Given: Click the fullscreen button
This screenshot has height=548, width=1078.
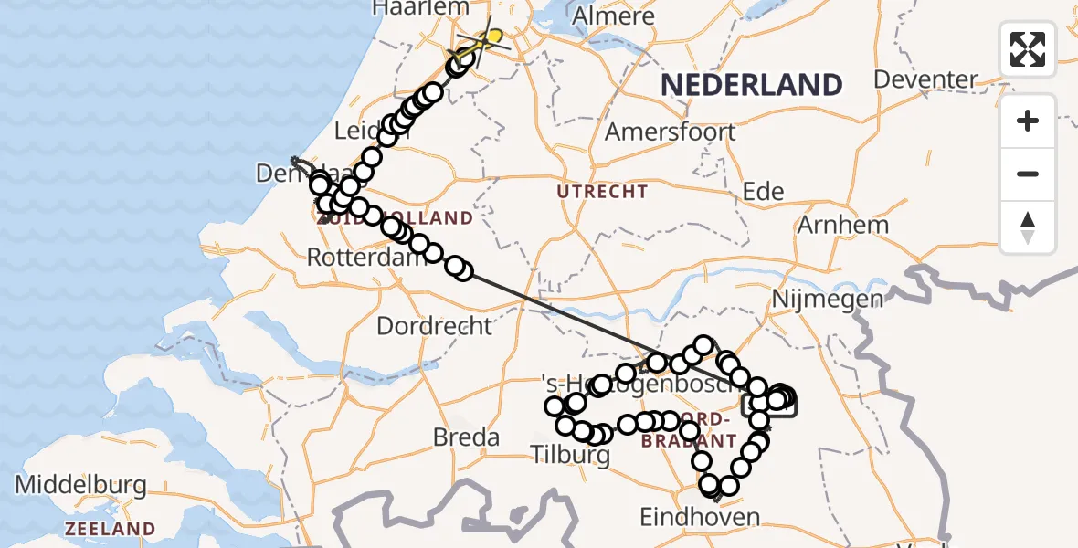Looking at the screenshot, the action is [1028, 48].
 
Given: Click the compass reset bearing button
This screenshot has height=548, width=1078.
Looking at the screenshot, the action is [1028, 227].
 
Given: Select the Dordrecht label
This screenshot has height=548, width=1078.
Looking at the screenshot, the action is [434, 325].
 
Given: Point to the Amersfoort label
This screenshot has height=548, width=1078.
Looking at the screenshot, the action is [670, 132].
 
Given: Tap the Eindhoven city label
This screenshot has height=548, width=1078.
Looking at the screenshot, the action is [699, 518].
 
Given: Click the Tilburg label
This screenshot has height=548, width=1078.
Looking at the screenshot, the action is [571, 452].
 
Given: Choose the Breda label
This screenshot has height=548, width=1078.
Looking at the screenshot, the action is [466, 437].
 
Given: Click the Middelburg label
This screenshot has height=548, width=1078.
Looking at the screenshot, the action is [81, 484].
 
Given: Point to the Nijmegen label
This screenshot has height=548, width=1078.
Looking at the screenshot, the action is [828, 299].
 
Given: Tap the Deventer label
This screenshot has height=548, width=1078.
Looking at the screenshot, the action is [925, 79].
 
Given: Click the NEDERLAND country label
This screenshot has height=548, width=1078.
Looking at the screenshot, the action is [751, 85].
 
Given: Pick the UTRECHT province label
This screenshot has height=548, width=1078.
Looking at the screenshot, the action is [603, 192].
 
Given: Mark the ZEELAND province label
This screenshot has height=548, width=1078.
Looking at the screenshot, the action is [110, 529].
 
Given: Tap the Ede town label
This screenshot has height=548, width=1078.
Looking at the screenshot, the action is [764, 191].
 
